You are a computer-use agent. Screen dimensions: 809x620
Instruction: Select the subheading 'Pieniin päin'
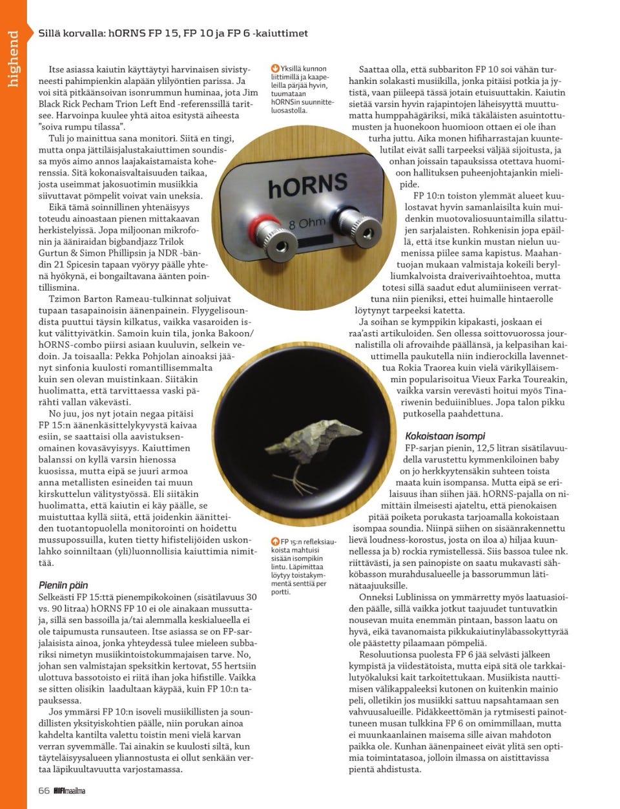tap(63, 585)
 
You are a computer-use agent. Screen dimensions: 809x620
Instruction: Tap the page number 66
tap(44, 790)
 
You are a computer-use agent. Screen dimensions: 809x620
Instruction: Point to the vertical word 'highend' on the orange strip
tap(14, 58)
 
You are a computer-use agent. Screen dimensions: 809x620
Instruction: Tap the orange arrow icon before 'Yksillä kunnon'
tap(275, 68)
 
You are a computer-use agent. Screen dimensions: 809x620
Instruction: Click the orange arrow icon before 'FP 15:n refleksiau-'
tap(274, 541)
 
